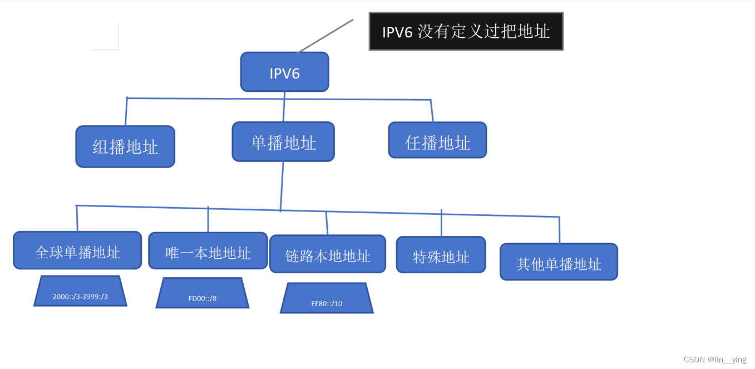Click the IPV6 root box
click(284, 72)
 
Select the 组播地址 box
click(125, 146)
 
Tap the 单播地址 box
click(283, 142)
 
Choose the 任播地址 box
click(437, 140)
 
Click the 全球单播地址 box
click(77, 250)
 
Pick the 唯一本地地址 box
click(208, 251)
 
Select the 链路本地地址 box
click(328, 254)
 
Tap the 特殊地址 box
click(441, 255)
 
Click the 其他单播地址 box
click(559, 262)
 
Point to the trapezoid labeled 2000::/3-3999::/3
click(80, 292)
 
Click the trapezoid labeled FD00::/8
click(203, 293)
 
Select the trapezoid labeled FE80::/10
click(327, 299)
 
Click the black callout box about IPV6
click(466, 31)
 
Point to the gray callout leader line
click(325, 37)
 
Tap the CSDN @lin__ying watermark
click(714, 360)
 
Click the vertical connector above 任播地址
click(432, 111)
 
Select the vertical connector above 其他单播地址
click(559, 230)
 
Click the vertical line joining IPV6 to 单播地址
click(284, 107)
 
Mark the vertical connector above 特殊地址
click(441, 223)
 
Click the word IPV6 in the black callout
click(397, 32)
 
